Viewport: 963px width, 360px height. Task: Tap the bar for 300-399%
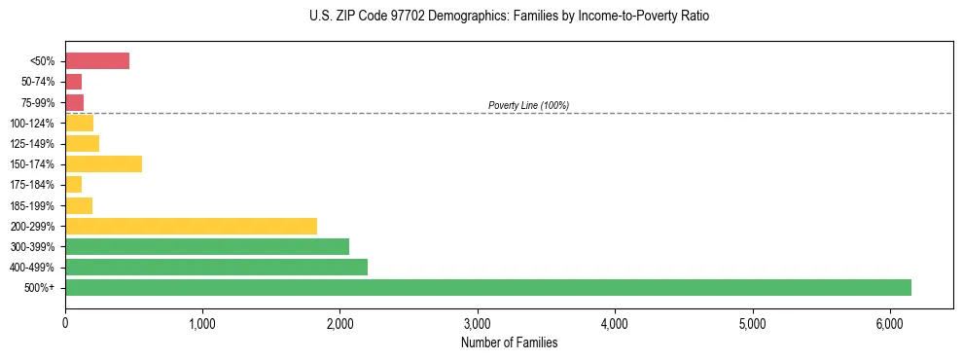[x=207, y=246]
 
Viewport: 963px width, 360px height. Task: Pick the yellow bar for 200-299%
[x=191, y=226]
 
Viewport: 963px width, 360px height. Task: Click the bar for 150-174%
[x=103, y=163]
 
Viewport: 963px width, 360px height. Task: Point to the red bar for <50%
[x=97, y=61]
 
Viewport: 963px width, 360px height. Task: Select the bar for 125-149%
[x=82, y=143]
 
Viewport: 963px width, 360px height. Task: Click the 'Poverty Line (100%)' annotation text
[x=528, y=105]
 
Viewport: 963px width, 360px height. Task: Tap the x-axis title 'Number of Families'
[x=509, y=342]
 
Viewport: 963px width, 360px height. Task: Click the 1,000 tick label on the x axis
[x=202, y=323]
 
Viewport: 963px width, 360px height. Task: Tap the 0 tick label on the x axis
[x=65, y=323]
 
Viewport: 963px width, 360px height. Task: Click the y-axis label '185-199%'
[x=35, y=205]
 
